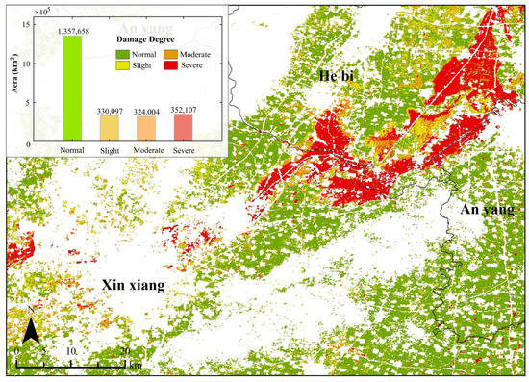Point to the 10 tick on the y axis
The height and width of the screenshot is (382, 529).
tap(26, 64)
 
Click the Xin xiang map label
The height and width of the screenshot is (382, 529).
tap(132, 286)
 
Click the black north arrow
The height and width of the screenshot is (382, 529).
tap(32, 332)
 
